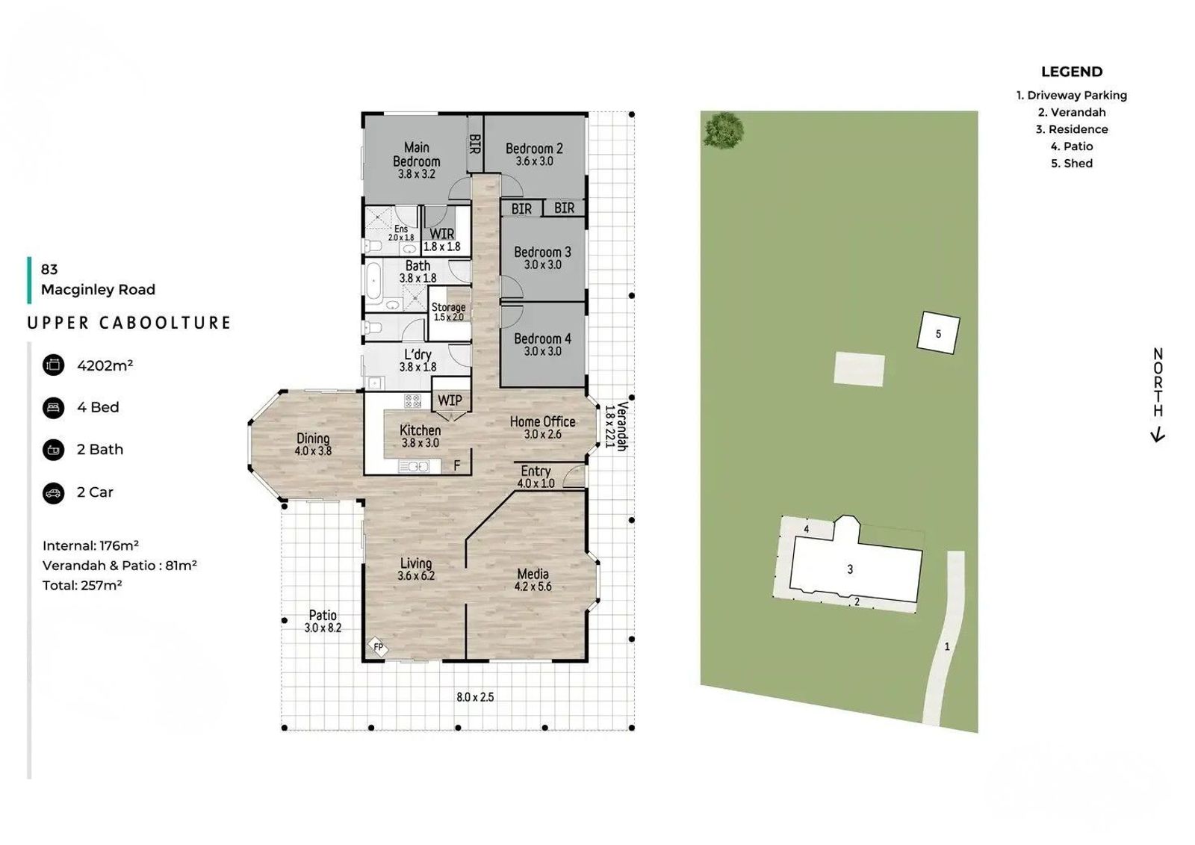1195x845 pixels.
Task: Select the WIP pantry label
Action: (450, 400)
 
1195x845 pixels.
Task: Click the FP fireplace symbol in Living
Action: (378, 647)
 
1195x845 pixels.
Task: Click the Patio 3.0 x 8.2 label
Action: (323, 622)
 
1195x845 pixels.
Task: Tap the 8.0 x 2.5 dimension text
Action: (475, 697)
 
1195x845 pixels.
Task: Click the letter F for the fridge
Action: (456, 466)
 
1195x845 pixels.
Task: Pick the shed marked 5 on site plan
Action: (938, 333)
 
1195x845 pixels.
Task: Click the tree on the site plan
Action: (724, 130)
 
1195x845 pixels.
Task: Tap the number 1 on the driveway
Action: (947, 647)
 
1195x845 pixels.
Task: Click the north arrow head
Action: (1157, 436)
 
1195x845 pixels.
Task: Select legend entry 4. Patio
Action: (1072, 146)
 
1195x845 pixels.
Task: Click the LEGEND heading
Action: (1072, 72)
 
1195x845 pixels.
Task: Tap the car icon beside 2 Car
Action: (53, 492)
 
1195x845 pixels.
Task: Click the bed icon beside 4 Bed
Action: (53, 408)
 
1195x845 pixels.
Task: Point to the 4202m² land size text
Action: (105, 365)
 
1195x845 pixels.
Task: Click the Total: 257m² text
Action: (82, 586)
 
